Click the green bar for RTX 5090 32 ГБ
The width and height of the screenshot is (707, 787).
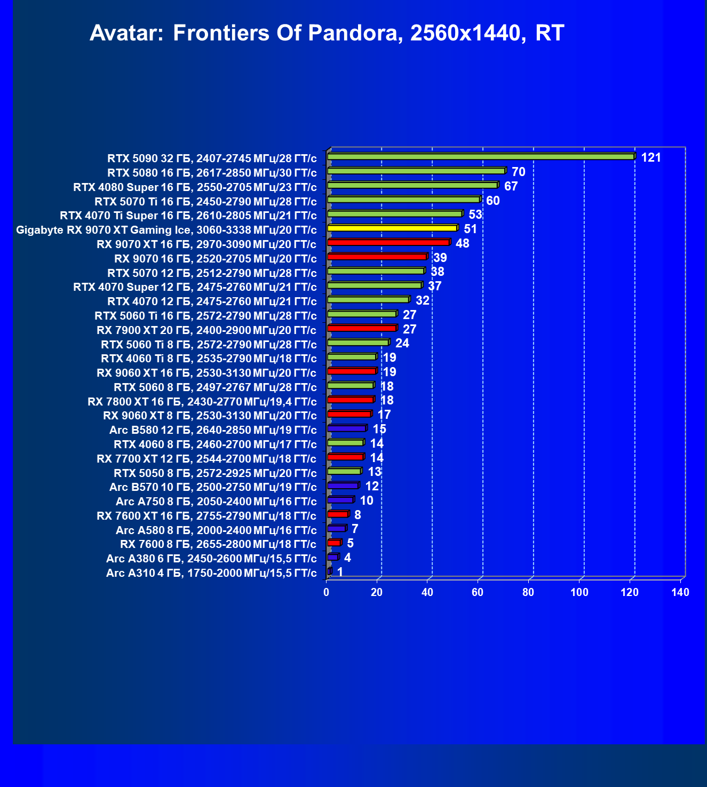(480, 157)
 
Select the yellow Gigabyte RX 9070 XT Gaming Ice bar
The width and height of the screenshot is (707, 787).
(392, 228)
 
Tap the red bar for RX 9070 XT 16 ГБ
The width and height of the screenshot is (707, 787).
(388, 243)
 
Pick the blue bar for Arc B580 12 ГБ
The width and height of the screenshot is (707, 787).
(347, 428)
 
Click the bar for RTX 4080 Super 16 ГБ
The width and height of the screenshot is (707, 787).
(412, 186)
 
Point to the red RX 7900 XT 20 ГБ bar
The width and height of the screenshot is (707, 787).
(362, 328)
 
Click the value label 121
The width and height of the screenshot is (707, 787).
(651, 157)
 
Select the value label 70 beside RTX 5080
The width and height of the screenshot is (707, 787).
(518, 172)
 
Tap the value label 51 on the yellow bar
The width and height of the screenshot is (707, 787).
(470, 229)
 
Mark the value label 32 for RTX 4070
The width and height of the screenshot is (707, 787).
(422, 300)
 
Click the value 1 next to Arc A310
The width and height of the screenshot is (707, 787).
(340, 572)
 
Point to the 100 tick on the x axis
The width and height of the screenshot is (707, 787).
(579, 592)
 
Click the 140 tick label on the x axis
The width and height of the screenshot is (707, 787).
(680, 592)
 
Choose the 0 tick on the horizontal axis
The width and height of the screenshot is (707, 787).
(327, 592)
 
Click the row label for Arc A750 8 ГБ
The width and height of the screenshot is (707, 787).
(216, 502)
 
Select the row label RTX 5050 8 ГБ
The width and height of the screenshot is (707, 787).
(215, 473)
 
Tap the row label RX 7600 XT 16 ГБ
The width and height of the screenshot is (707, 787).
(206, 516)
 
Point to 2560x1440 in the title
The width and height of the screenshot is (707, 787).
(465, 33)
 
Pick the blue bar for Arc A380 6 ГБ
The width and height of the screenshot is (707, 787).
(332, 557)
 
